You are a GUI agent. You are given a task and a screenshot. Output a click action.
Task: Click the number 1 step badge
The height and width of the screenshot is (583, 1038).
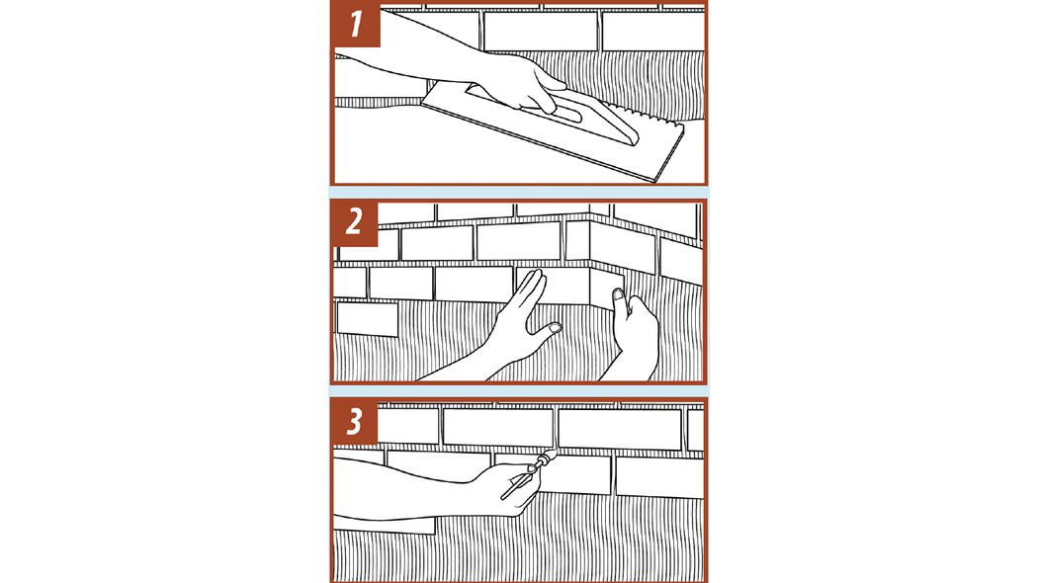point(356,25)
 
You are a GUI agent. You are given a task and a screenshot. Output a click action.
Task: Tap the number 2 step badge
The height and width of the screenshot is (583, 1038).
point(355,222)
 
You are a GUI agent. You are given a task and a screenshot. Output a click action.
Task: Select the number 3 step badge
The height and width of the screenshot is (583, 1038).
point(355,422)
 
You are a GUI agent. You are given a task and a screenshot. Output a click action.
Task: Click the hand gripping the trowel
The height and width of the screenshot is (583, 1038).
point(523,83)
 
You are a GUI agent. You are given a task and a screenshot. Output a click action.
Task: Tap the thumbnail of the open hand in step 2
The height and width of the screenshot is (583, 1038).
point(555,327)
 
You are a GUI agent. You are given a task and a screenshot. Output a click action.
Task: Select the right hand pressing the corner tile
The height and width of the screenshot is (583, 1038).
point(635,331)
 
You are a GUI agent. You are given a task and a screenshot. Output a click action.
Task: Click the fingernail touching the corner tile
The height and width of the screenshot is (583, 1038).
point(618,293)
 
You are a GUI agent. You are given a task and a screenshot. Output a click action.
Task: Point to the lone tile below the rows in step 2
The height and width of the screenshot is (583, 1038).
point(368,319)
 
